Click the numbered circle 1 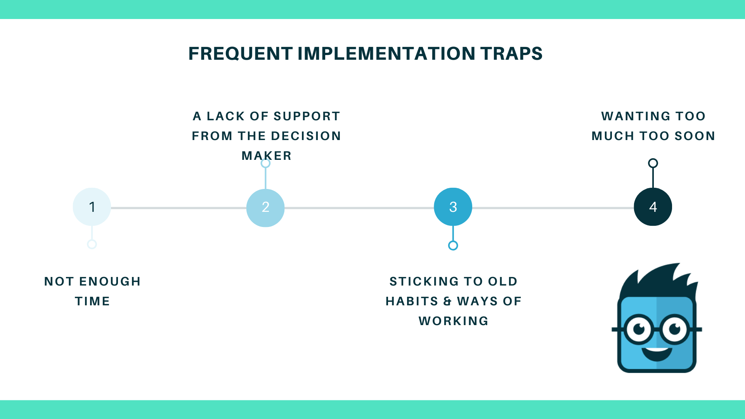[x=92, y=207]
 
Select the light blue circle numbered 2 [x=265, y=208]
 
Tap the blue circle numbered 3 [x=453, y=207]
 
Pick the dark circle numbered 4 [x=653, y=207]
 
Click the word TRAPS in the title [x=511, y=54]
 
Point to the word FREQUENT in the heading [x=241, y=54]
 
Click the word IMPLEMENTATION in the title [x=386, y=54]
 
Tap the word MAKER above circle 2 [x=267, y=156]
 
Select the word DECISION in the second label [x=306, y=136]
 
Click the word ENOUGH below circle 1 [x=110, y=281]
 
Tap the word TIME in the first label [x=92, y=301]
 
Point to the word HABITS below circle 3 [x=412, y=301]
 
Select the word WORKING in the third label [x=454, y=321]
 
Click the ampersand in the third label [x=447, y=301]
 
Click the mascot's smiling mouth [x=657, y=354]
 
